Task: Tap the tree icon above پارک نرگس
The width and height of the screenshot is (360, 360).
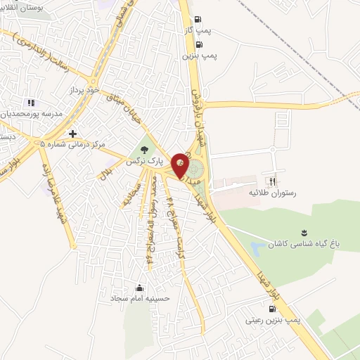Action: (x=145, y=150)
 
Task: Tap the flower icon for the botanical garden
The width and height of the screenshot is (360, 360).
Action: (x=304, y=232)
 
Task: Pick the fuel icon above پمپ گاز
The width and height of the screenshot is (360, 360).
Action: (x=199, y=19)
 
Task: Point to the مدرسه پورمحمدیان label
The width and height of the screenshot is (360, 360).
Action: (x=33, y=113)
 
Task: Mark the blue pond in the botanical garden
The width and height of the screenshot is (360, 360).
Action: (x=259, y=246)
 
